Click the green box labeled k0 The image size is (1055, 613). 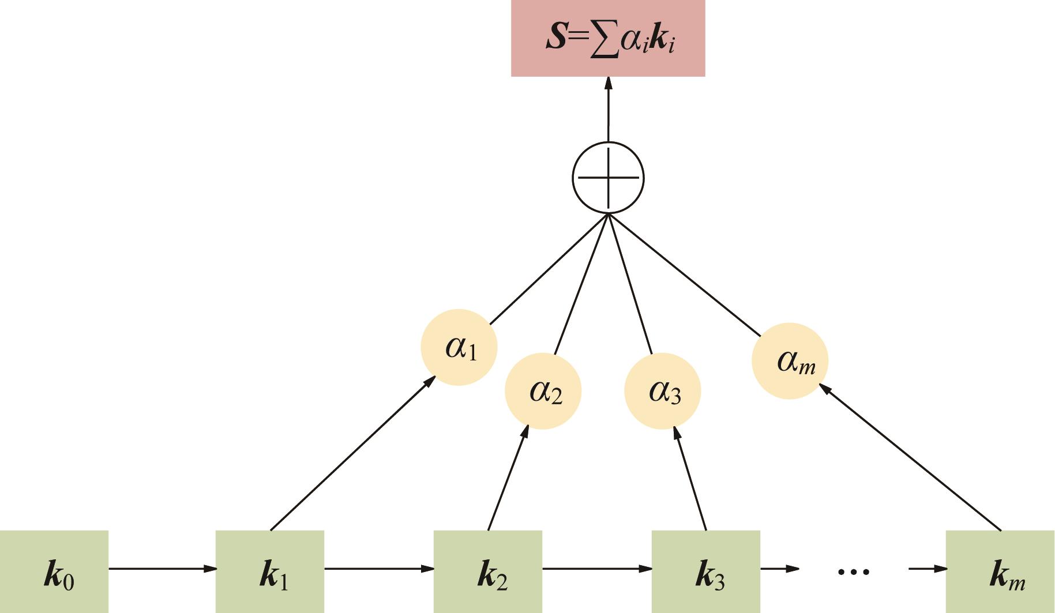[x=54, y=571]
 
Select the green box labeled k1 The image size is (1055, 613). [x=270, y=571]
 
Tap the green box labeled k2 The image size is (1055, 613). [x=488, y=571]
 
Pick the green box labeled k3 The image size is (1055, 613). [x=706, y=571]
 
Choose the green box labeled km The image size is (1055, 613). [x=1000, y=571]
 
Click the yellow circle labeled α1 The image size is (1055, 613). [x=459, y=347]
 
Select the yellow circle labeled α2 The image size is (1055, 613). [x=543, y=391]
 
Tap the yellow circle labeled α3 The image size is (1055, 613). [x=663, y=391]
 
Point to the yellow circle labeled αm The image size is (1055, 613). [x=790, y=361]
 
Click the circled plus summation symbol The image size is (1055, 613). [x=608, y=178]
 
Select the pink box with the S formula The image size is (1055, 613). [x=608, y=38]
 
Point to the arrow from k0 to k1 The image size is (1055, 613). [x=162, y=569]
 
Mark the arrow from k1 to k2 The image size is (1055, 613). [x=378, y=569]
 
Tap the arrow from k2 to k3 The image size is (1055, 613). [x=596, y=569]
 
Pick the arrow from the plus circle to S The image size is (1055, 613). [x=608, y=109]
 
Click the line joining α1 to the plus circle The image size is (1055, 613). [x=548, y=269]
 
